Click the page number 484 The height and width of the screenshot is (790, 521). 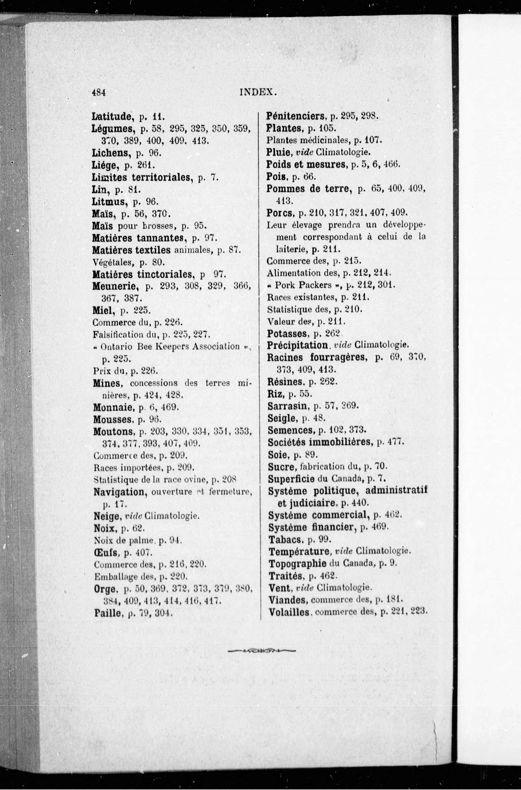click(99, 92)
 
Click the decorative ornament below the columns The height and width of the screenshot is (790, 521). click(261, 651)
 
